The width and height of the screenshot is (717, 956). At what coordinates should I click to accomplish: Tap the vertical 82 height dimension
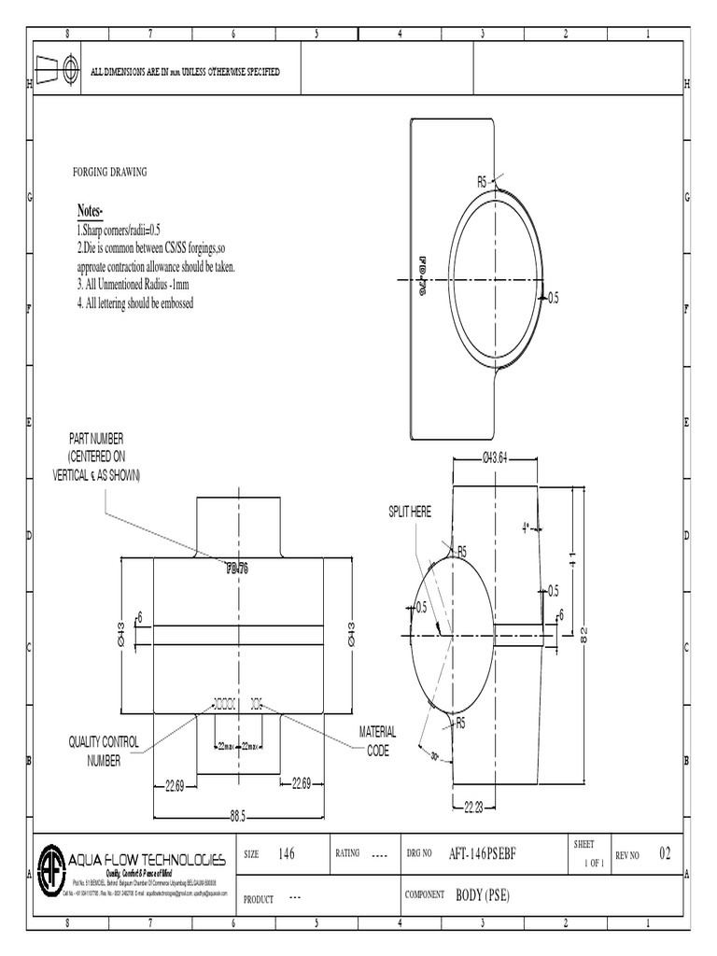(584, 634)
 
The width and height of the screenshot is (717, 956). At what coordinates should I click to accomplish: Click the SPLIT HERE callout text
(410, 512)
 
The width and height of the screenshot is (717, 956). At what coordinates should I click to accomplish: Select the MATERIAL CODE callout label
(378, 741)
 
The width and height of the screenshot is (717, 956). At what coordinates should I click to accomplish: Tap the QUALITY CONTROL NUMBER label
(104, 751)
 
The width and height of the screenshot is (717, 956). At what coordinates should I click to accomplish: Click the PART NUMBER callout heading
(95, 438)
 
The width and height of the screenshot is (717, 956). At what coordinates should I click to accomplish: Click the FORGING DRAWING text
(110, 173)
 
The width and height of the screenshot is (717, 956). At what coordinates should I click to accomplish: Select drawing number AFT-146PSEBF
(483, 854)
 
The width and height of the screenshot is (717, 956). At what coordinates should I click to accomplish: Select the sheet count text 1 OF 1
(594, 864)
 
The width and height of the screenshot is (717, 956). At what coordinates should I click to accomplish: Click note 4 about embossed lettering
(135, 303)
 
